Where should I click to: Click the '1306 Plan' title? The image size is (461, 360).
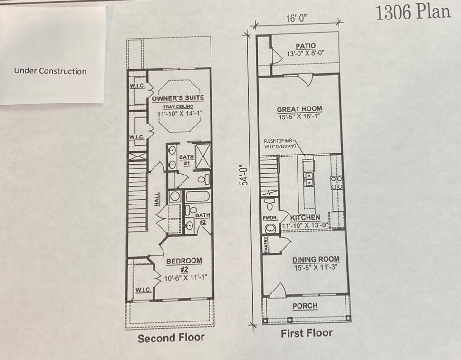[413, 12]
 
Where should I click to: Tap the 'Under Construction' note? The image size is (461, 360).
[50, 71]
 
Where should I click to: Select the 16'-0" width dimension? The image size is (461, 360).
[297, 19]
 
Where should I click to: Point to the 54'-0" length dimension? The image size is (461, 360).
[245, 176]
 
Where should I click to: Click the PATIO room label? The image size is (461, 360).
[306, 46]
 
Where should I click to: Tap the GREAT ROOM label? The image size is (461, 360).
[299, 109]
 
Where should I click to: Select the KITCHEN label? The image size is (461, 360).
[305, 218]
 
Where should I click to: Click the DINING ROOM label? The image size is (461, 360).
[316, 260]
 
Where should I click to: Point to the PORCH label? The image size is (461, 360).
[305, 306]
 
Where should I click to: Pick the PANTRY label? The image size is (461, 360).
[266, 245]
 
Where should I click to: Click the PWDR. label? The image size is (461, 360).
[270, 218]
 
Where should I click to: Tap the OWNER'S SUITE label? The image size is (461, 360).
[178, 98]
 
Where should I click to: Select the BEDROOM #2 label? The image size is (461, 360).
[184, 265]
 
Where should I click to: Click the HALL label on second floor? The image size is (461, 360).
[157, 199]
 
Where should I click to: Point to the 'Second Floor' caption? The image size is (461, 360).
[171, 338]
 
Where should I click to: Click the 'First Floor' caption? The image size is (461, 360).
[307, 333]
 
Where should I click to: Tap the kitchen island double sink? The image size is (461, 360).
[308, 179]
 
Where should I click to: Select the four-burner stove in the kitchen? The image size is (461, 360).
[336, 183]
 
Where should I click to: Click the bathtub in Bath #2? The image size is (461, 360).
[198, 196]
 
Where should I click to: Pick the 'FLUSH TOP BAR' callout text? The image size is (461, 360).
[278, 141]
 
